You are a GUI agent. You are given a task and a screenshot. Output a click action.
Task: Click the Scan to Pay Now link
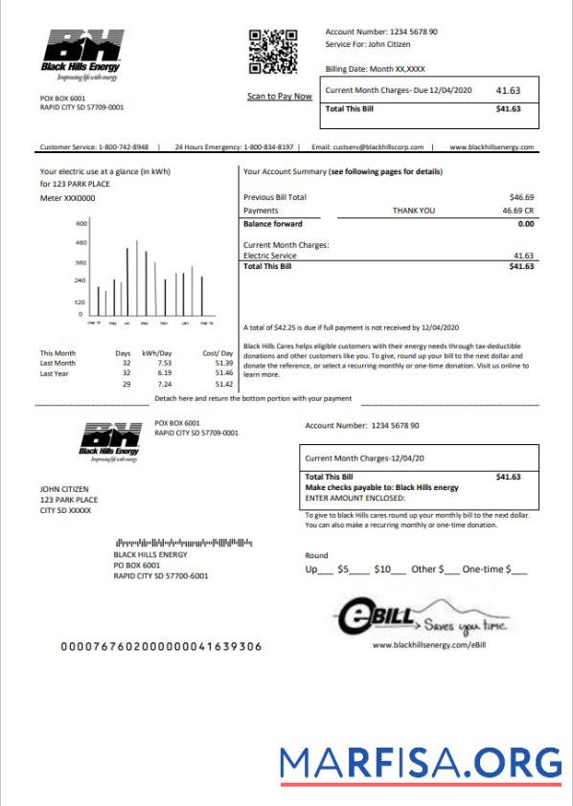pos(279,97)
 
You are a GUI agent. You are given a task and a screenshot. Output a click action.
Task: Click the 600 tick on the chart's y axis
pos(81,224)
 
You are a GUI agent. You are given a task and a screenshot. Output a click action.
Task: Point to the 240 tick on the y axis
pos(81,280)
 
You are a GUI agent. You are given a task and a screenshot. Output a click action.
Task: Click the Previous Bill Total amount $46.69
pos(520,196)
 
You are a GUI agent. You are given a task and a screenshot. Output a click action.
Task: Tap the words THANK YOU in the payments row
pos(413,210)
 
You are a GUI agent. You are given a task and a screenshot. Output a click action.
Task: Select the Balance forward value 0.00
pos(525,223)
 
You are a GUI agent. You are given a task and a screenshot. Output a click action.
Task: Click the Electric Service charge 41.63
pos(523,256)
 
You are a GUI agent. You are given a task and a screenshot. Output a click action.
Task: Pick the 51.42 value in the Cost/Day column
pos(224,384)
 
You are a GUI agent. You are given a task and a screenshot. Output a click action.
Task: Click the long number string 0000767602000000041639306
pos(161,646)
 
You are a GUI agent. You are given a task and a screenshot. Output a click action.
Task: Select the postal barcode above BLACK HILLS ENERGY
pos(183,543)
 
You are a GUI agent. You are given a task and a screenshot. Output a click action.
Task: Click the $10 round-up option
pos(383,570)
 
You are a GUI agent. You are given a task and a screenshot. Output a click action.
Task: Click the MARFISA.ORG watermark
pos(421,763)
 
